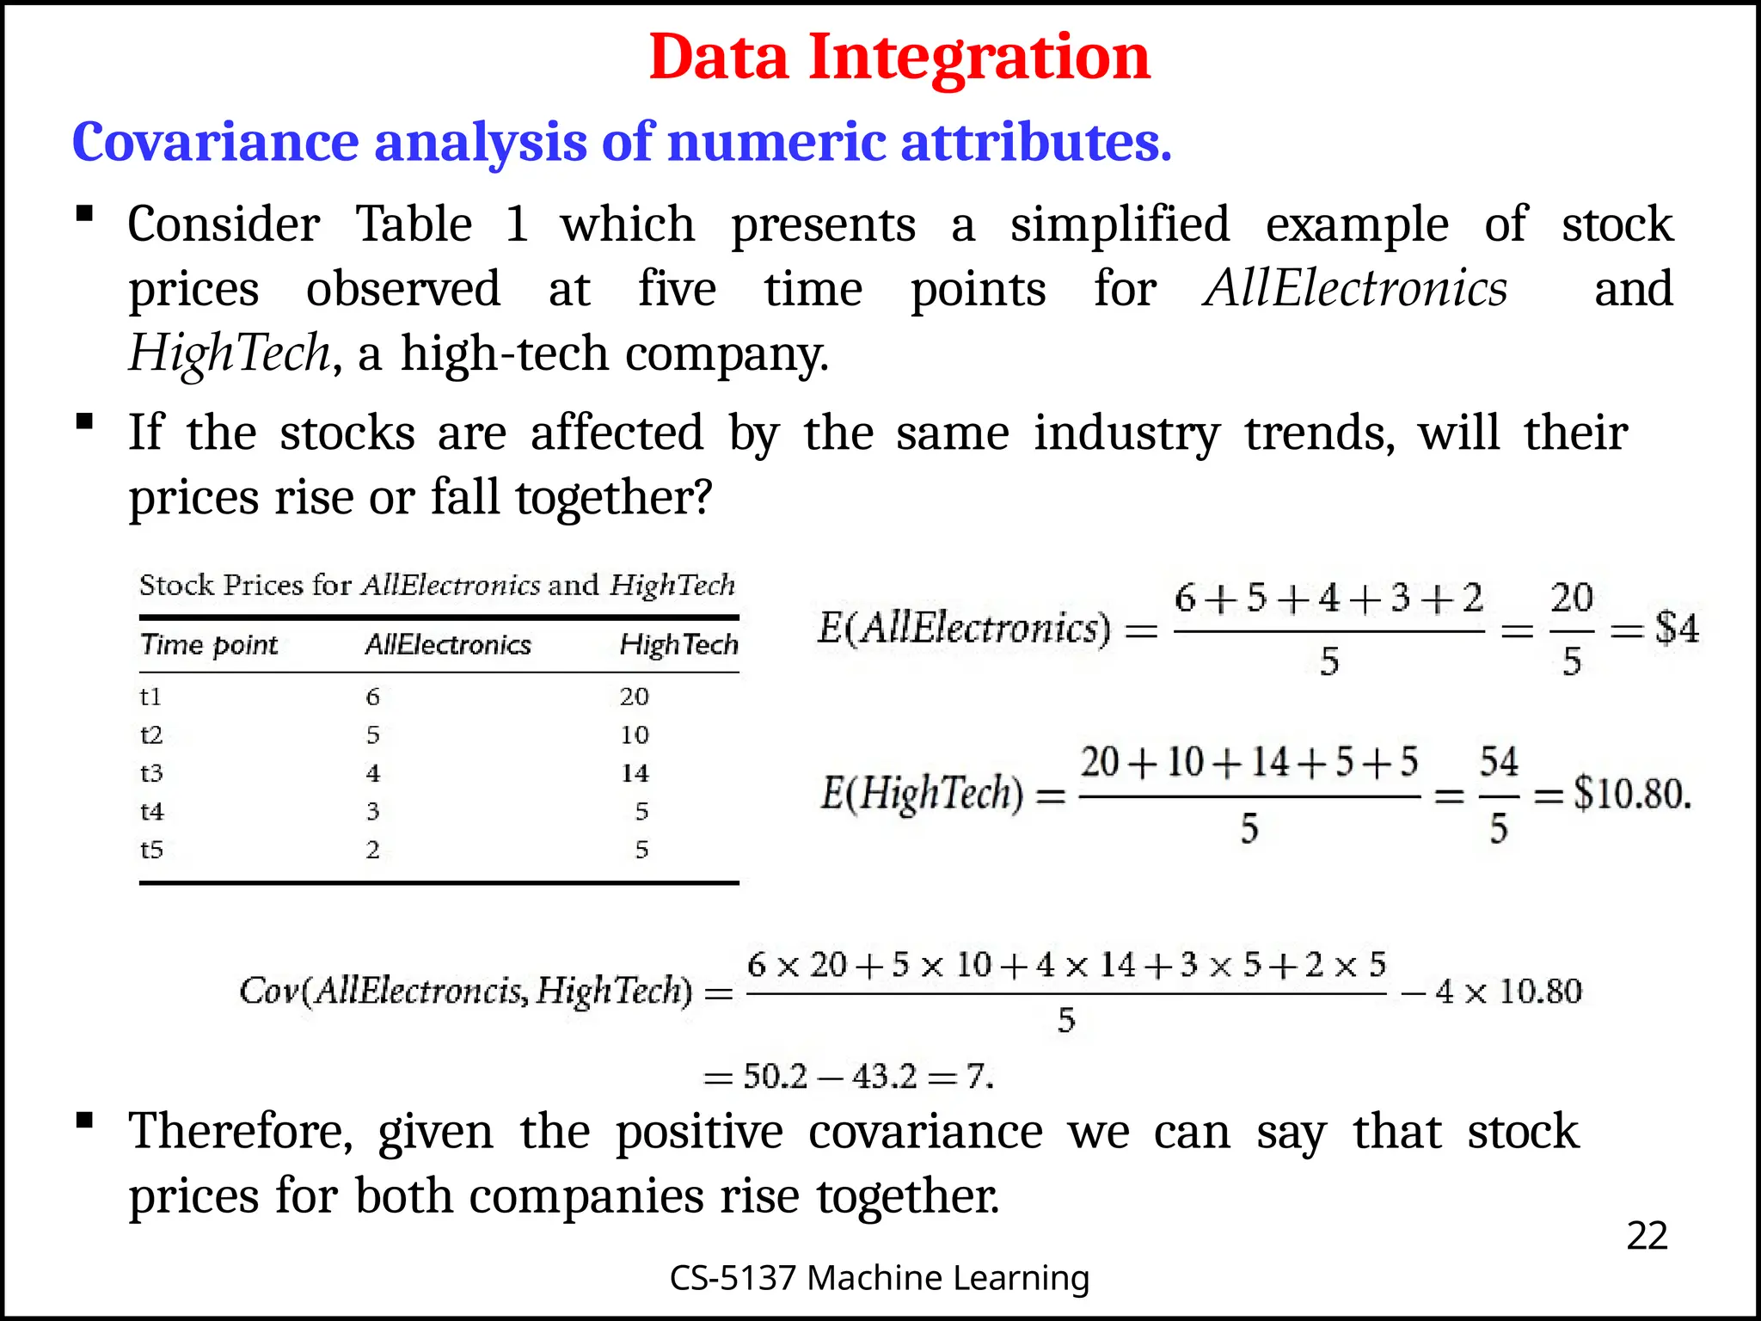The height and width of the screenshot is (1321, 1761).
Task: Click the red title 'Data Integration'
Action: (x=899, y=57)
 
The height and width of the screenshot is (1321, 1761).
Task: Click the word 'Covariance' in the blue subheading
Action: (x=215, y=142)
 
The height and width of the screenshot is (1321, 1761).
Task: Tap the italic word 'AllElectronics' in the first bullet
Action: (x=1355, y=289)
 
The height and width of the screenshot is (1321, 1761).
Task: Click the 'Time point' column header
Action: (x=209, y=645)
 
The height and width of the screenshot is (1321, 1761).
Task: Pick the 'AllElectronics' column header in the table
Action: (x=448, y=645)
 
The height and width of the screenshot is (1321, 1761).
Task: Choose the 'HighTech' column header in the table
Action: (x=678, y=645)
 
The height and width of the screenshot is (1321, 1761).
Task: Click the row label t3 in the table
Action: (x=151, y=773)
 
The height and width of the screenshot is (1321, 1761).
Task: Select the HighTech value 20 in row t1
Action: (x=635, y=697)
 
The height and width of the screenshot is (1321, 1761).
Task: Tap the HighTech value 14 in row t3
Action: (x=635, y=773)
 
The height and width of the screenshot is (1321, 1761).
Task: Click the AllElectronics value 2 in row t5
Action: (x=372, y=850)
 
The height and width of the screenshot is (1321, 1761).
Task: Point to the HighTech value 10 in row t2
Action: (x=635, y=735)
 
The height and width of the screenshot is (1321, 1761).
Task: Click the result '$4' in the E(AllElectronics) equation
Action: (x=1677, y=629)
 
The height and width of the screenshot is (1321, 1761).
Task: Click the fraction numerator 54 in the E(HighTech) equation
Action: (x=1499, y=762)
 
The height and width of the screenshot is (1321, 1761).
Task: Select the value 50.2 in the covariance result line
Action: (x=775, y=1077)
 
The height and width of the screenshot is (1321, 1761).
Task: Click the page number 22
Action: (x=1647, y=1236)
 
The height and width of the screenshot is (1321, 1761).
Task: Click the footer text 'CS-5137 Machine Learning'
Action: (x=879, y=1278)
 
